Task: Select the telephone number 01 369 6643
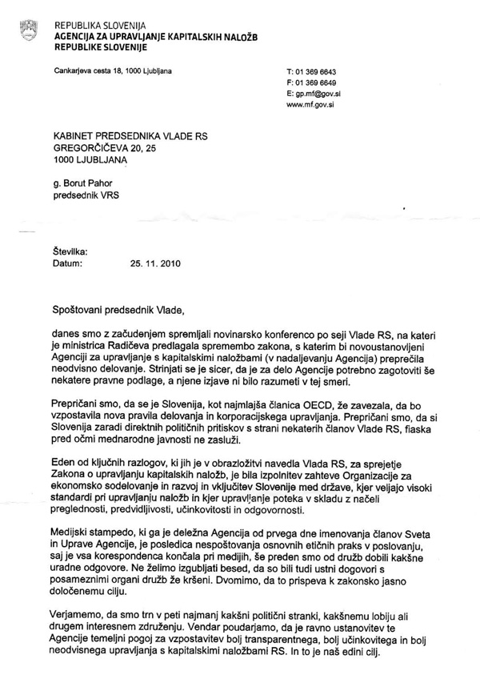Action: tap(318, 72)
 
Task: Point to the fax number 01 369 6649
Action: tap(318, 82)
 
